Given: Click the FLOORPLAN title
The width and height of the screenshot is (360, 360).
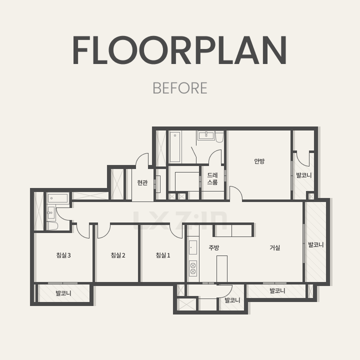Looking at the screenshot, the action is click(180, 50).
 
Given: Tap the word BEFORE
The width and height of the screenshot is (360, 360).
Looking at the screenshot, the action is click(180, 88).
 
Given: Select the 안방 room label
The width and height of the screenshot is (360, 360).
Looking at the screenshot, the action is click(259, 161).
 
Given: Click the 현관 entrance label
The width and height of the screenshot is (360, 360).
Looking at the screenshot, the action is click(142, 182).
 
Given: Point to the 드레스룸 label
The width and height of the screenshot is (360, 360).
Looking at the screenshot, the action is click(212, 178).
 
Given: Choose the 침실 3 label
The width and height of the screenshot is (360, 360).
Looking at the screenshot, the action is click(63, 255).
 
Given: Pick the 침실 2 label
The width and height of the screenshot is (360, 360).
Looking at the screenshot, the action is click(118, 255).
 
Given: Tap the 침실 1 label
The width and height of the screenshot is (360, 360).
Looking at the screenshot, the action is click(163, 255).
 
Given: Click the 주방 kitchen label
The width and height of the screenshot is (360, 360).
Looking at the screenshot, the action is click(214, 247).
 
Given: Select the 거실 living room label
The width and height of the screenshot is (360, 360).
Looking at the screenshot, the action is click(275, 247).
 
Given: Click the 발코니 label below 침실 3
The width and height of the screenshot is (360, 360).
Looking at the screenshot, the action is click(63, 293).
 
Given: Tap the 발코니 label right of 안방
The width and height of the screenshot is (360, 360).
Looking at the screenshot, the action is click(304, 175).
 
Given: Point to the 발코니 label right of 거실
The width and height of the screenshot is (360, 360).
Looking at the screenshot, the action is click(315, 244).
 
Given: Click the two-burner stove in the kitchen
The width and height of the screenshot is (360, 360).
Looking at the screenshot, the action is click(193, 268).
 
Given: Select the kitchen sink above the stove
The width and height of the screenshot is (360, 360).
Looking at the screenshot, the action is click(193, 247).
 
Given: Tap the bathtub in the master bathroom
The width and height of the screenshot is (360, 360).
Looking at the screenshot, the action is click(175, 146).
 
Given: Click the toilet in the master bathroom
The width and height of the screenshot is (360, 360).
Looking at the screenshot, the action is click(219, 137).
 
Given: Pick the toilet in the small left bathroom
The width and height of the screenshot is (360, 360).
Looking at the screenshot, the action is click(52, 226).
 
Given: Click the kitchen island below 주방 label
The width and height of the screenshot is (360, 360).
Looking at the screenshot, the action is click(222, 269).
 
